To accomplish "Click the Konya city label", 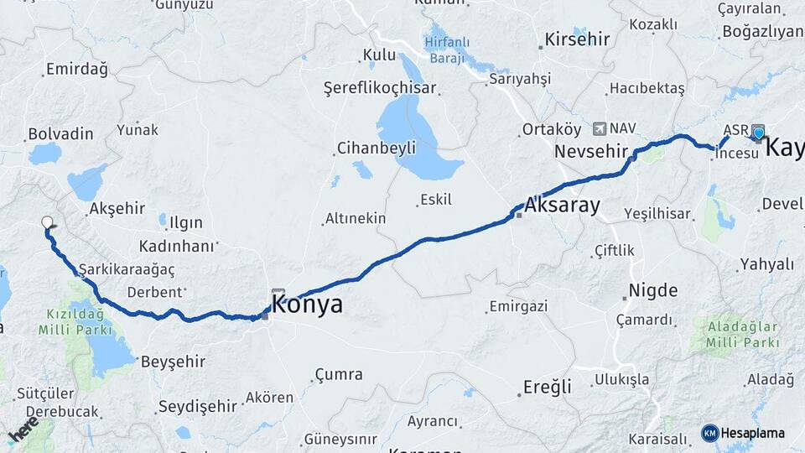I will click(308, 305).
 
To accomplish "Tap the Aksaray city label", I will click(563, 205).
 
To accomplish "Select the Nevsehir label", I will click(591, 152).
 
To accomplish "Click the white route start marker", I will click(48, 223).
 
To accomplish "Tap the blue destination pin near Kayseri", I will click(758, 133).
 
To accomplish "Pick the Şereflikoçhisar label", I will click(382, 87).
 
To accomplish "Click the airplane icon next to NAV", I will click(599, 128).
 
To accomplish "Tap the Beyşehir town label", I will click(173, 362).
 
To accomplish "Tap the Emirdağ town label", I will click(77, 70).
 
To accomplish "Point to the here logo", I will click(23, 429).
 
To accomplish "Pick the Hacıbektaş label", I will click(647, 88).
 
